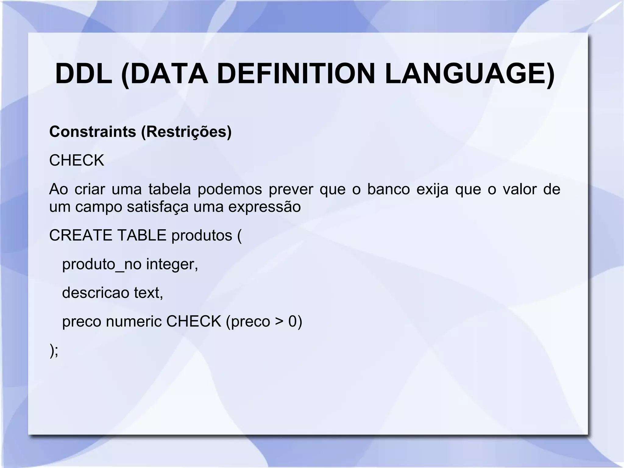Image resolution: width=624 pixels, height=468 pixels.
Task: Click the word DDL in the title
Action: click(84, 74)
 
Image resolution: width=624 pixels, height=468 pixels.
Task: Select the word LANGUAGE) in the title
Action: click(470, 74)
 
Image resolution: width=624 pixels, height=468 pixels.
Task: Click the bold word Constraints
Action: click(93, 132)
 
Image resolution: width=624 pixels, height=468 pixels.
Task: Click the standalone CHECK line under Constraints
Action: click(76, 160)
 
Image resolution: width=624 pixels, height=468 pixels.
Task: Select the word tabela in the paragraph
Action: click(169, 189)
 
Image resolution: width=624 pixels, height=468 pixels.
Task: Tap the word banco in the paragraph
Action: click(388, 189)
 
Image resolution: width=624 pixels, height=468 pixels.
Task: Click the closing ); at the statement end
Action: click(54, 351)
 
